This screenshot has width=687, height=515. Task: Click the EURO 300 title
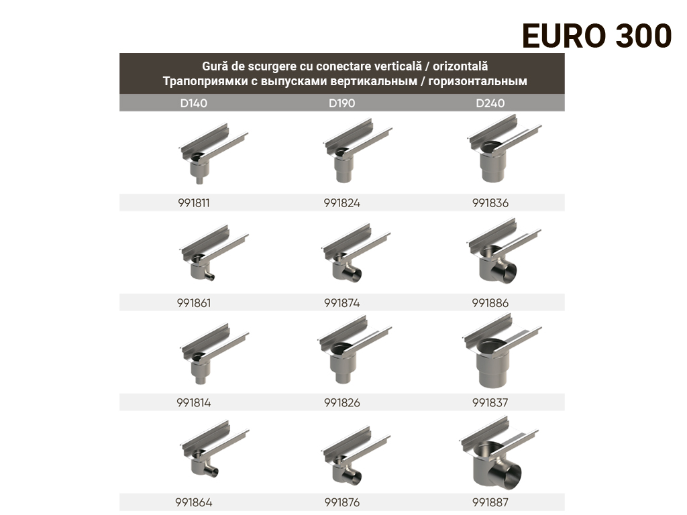pos(596,36)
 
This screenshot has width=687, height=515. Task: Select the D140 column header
pos(193,103)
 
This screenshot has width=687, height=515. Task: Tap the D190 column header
pos(341,103)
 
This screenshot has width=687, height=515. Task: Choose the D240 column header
pos(490,103)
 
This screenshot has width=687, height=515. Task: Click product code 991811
pos(193,203)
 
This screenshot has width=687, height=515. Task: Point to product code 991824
pos(341,203)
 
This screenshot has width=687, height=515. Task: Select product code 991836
pos(490,203)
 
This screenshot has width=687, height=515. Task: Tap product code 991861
pos(193,303)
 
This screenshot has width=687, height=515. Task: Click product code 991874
pos(341,303)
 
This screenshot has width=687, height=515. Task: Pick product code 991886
pos(490,303)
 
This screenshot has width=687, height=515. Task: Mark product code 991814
pos(193,403)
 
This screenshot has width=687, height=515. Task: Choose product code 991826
pos(341,403)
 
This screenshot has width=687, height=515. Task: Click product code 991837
pos(490,403)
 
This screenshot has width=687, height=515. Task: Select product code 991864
pos(193,502)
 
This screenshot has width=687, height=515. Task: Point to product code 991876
pos(341,502)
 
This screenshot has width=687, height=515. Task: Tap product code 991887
pos(490,502)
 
